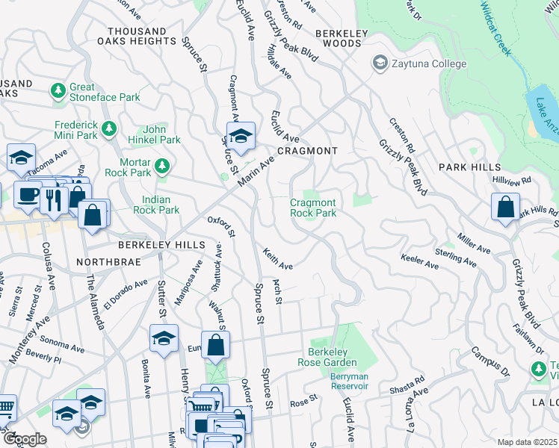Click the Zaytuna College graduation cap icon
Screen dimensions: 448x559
click(380, 63)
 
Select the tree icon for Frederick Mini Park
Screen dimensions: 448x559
click(110, 129)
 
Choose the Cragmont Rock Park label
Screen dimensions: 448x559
click(313, 208)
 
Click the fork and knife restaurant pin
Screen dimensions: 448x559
click(53, 199)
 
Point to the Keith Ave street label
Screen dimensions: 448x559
click(277, 259)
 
